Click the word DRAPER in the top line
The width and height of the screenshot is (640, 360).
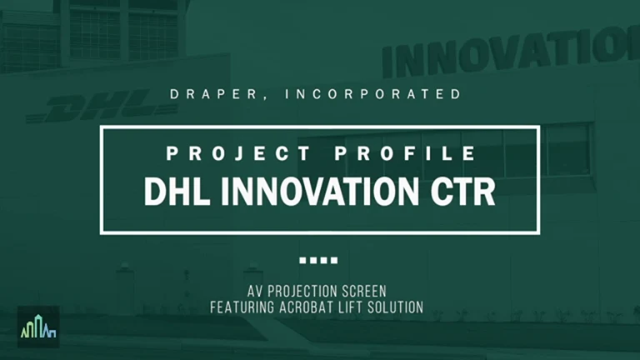tap(213, 94)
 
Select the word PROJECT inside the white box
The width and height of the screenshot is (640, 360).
tap(238, 154)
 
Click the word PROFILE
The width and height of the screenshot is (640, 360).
tap(405, 154)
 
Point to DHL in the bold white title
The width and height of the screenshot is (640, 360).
tap(177, 192)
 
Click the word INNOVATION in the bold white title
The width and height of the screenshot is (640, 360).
tap(320, 192)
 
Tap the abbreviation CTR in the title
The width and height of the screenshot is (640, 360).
tap(462, 192)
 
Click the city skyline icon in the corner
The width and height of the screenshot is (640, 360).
tap(38, 327)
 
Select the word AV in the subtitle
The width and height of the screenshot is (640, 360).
tap(255, 292)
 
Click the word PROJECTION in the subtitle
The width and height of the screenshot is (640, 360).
tap(302, 292)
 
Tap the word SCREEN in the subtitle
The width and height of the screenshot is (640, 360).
tap(364, 292)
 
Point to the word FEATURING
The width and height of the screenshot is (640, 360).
tap(242, 307)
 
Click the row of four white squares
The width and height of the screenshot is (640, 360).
tap(318, 260)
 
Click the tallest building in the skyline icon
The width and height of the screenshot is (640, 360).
tap(38, 326)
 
